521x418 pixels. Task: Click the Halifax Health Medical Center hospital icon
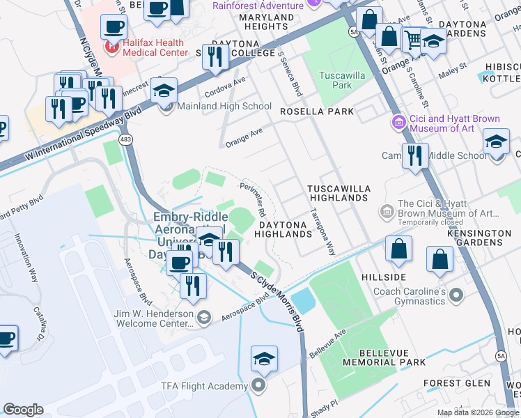[110, 47]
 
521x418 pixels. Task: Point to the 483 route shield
[125, 140]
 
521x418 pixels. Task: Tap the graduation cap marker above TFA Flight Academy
[264, 359]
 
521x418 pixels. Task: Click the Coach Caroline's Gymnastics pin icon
[458, 296]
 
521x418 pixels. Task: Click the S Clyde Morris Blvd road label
[279, 300]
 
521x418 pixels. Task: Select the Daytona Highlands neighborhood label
[285, 229]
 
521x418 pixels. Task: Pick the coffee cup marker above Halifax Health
[114, 27]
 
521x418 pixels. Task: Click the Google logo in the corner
[23, 410]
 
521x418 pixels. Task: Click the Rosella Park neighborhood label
[317, 111]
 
